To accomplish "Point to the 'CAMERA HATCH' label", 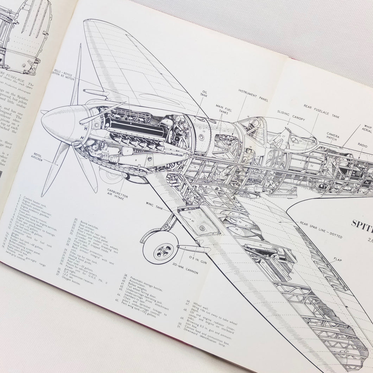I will coord(333,136).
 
